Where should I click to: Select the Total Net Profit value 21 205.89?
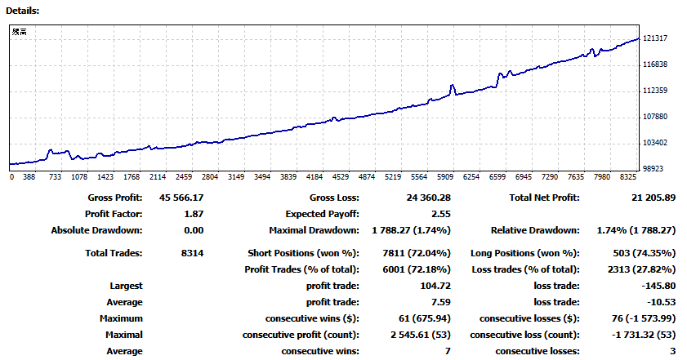point(649,198)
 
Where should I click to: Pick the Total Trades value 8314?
point(192,253)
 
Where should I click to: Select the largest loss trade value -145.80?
point(659,286)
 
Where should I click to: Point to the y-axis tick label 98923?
point(658,168)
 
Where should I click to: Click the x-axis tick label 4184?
point(315,176)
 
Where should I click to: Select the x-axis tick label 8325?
point(627,176)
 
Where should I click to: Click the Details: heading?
point(22,11)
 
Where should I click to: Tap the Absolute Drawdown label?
point(96,230)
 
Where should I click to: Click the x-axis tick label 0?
point(12,176)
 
